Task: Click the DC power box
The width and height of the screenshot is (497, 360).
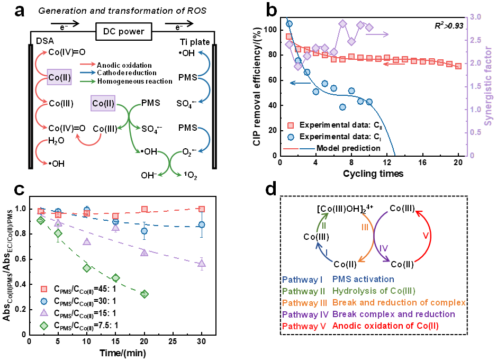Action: [x=124, y=32]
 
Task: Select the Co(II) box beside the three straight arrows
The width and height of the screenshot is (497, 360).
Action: [x=59, y=77]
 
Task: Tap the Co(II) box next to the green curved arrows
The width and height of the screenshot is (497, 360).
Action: [x=103, y=103]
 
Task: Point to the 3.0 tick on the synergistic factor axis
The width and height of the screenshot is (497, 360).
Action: [x=475, y=17]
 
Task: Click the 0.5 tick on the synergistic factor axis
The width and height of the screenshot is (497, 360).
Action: [x=475, y=132]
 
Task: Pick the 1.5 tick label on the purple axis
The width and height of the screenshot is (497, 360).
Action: [x=475, y=86]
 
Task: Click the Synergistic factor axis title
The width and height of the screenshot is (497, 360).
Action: [x=489, y=86]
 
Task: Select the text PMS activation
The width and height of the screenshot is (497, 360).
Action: [x=363, y=279]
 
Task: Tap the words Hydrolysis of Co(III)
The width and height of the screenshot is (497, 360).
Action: [x=374, y=291]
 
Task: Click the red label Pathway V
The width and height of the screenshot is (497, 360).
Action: [x=304, y=327]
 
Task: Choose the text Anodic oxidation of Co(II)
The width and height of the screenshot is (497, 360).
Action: [x=385, y=326]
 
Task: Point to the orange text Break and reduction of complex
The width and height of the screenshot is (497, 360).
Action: [x=399, y=303]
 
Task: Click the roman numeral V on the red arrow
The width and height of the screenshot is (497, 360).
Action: [x=426, y=235]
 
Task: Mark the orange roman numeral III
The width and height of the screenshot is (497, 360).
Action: [x=365, y=227]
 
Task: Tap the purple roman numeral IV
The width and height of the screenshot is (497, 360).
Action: [x=384, y=248]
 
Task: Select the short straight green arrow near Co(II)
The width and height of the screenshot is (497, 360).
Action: [x=88, y=81]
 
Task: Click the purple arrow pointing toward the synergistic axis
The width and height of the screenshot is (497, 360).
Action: [x=377, y=34]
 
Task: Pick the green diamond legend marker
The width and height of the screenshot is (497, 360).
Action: [x=44, y=326]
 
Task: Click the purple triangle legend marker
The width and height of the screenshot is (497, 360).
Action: [x=44, y=312]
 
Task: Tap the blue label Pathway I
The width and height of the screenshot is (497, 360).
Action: [x=303, y=280]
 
